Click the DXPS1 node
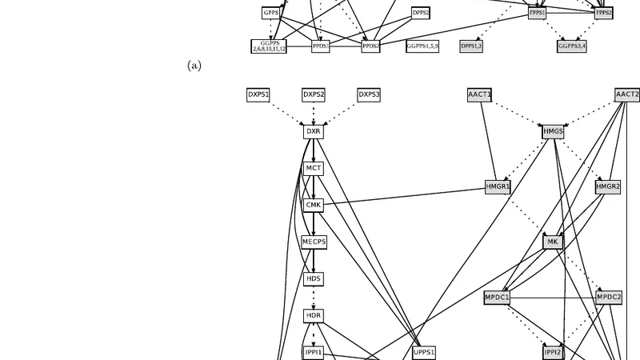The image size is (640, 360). pos(258,94)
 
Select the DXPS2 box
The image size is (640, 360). pos(314,94)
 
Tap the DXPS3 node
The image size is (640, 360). pos(369,94)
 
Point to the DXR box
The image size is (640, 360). pos(314,131)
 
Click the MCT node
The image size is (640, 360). pos(314,168)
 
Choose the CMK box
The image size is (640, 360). pos(314,205)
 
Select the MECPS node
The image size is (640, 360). pos(314,242)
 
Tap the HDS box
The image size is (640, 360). pos(314,278)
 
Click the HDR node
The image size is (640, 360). pos(314,315)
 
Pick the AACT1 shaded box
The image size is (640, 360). pos(479,94)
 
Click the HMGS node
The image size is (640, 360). pos(553,131)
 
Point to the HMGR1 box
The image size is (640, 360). pos(498,186)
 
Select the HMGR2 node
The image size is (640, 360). pos(608,186)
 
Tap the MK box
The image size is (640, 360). pos(553,242)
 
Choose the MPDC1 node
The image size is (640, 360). pos(498,297)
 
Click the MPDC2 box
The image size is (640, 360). pos(608,297)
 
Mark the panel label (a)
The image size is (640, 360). pos(194,66)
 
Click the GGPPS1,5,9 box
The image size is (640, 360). pos(422,46)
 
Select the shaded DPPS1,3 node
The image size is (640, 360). pos(471,46)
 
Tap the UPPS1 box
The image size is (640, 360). pos(424,352)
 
